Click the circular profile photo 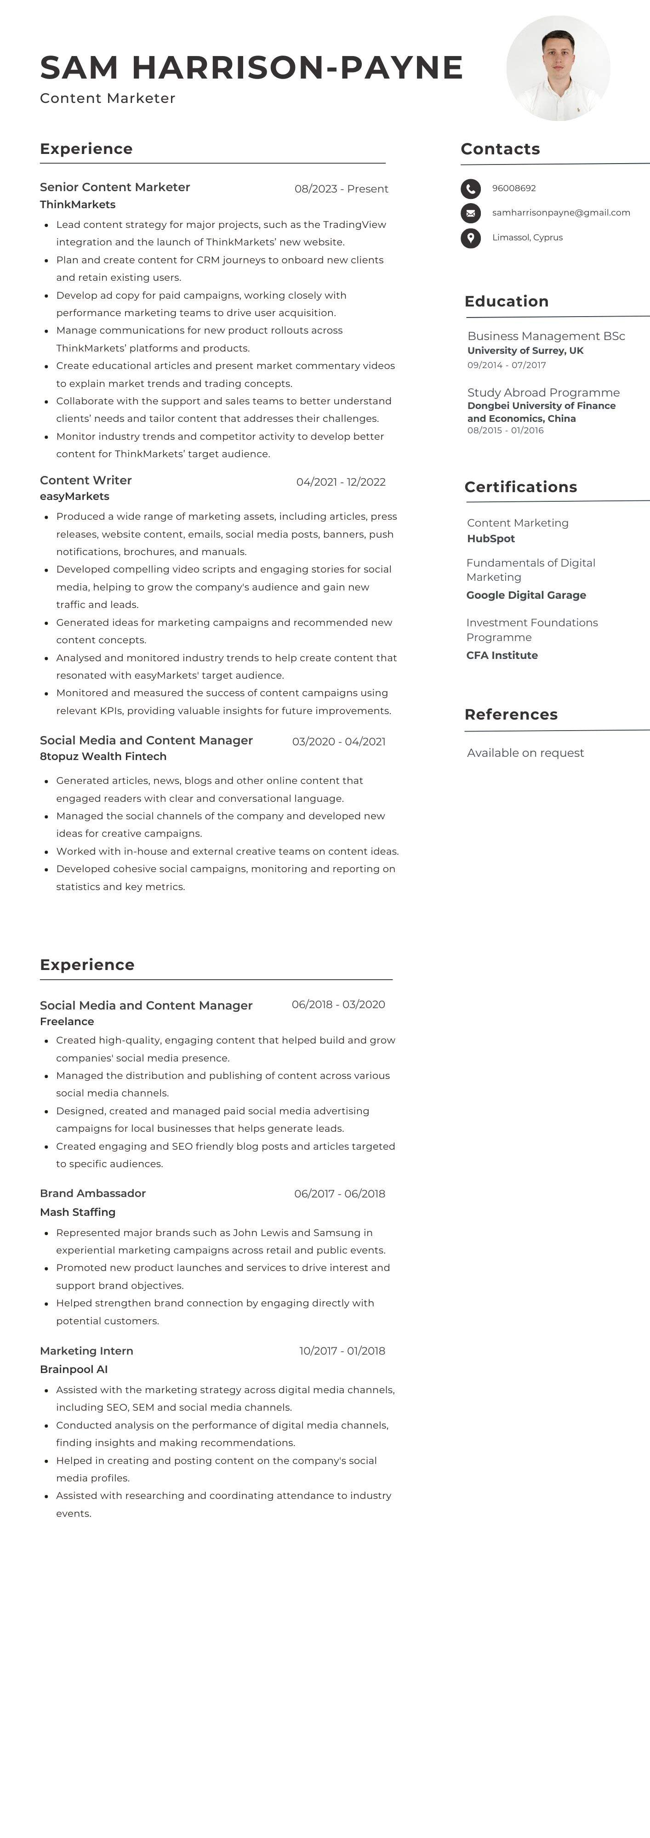tap(558, 68)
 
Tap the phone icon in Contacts tap(470, 189)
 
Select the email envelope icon tap(470, 213)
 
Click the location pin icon tap(470, 238)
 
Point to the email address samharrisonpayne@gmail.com tap(561, 213)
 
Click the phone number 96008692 tap(514, 188)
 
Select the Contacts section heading tap(500, 149)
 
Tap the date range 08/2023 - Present tap(341, 189)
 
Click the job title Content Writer tap(86, 480)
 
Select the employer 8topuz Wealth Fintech tap(103, 756)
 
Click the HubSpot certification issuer tap(491, 539)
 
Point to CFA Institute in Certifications tap(502, 655)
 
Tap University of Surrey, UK tap(525, 350)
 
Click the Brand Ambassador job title tap(93, 1193)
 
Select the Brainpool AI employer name tap(74, 1369)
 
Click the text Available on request tap(525, 753)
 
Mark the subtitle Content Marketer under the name tap(108, 98)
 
